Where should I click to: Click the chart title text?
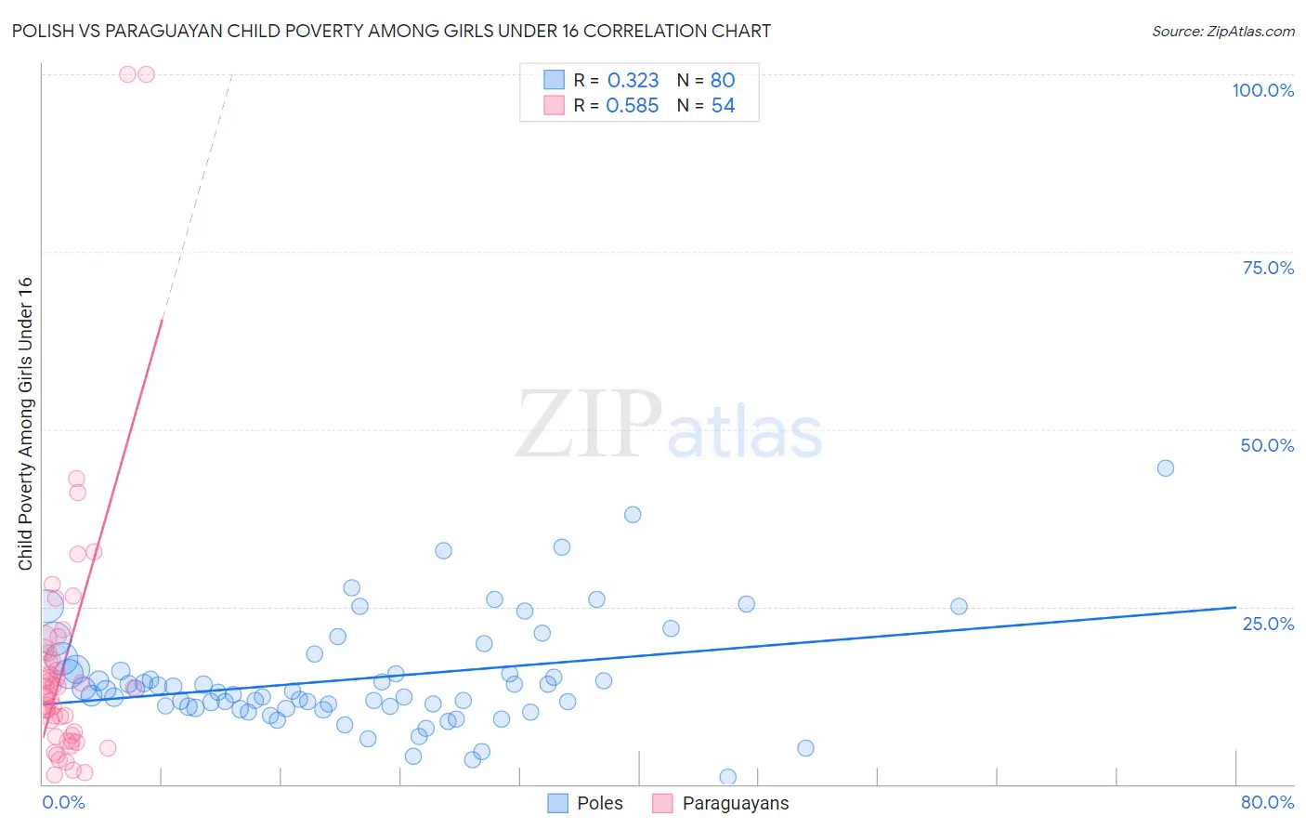click(x=391, y=31)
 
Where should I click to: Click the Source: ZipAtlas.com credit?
click(x=1222, y=31)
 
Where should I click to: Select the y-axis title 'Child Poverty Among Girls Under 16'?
click(x=25, y=424)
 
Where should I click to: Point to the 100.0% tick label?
click(x=1262, y=90)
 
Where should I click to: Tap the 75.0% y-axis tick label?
click(x=1268, y=268)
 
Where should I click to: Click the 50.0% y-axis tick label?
click(x=1267, y=445)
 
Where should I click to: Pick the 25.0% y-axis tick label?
click(x=1268, y=624)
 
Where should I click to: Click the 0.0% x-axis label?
click(x=63, y=802)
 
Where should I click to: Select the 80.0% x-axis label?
click(x=1267, y=802)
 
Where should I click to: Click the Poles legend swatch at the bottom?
click(x=557, y=803)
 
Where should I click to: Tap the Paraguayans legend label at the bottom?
click(x=735, y=803)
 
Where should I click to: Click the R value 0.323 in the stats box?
click(x=633, y=81)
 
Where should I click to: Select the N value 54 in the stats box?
click(x=723, y=106)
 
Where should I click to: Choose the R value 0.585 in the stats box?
click(x=633, y=106)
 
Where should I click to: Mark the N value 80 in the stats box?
click(x=723, y=81)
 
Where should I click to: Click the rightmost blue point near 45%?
click(x=1165, y=468)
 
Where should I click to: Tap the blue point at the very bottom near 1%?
click(x=727, y=777)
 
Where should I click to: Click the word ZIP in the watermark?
click(x=588, y=426)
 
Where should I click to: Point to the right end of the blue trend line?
click(x=1235, y=607)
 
